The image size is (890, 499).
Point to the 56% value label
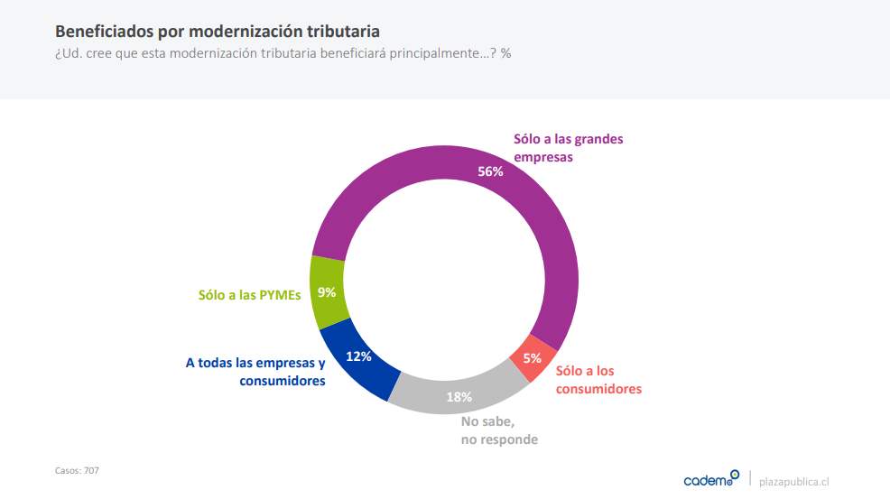click(490, 171)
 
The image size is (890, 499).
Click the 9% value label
click(327, 291)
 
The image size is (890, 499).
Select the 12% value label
click(358, 356)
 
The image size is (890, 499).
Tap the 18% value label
click(460, 396)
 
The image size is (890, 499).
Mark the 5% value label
click(533, 357)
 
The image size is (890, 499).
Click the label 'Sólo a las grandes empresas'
click(568, 147)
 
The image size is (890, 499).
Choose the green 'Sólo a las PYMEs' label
click(249, 293)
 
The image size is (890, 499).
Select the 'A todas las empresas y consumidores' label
click(255, 372)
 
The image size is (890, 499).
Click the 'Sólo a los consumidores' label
click(598, 380)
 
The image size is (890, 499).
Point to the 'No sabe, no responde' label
click(498, 430)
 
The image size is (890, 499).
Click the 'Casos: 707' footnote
click(77, 470)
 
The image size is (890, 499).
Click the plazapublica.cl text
click(793, 481)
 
